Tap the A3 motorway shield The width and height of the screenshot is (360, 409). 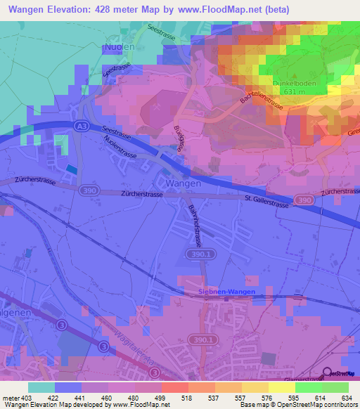pos(82,125)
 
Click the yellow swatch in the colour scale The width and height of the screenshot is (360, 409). pos(282,387)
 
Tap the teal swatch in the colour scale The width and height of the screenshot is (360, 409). pos(41,387)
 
